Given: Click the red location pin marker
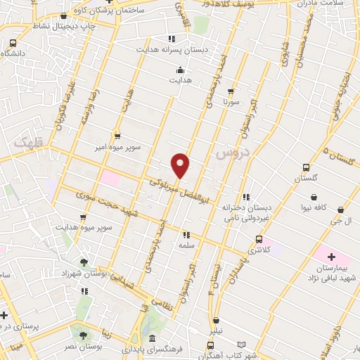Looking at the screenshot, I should pyautogui.click(x=181, y=165).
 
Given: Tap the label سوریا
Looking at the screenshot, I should pyautogui.click(x=232, y=102).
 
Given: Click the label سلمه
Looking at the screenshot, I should pyautogui.click(x=186, y=245).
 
